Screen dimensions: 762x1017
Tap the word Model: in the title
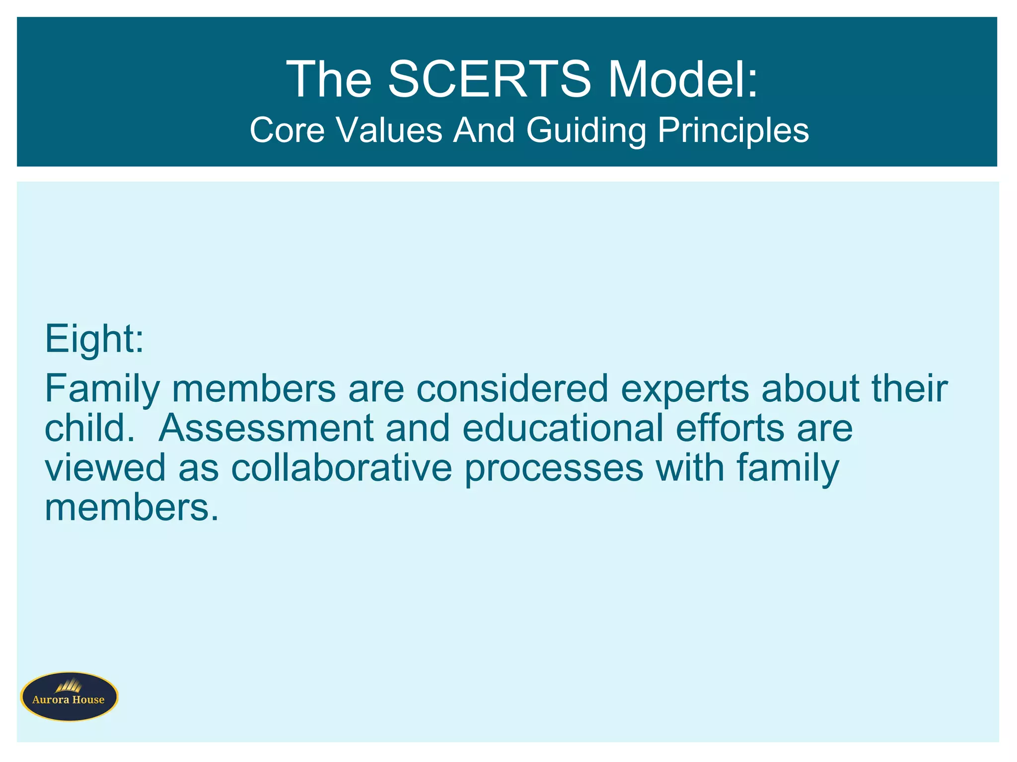683,79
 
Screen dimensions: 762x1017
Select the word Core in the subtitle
287,130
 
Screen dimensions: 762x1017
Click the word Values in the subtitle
389,130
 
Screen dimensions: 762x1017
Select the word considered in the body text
512,388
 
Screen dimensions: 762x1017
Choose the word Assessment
266,428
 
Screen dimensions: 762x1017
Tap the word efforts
729,428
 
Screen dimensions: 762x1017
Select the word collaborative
342,468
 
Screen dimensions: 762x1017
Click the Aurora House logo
69,697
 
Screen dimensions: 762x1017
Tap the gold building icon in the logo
69,686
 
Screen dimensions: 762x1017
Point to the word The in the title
329,79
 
